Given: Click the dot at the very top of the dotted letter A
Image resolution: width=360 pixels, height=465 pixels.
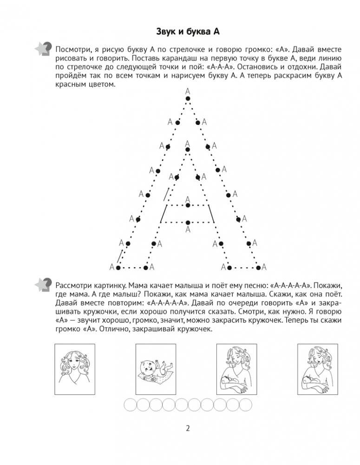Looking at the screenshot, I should click(188, 98).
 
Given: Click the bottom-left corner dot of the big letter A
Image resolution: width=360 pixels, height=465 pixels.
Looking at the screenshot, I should click(118, 268).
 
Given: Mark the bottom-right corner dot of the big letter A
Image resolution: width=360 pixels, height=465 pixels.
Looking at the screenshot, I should click(257, 268).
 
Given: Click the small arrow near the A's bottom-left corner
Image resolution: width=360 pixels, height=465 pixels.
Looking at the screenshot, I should click(120, 257).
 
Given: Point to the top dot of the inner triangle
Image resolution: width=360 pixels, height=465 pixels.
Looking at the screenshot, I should click(188, 150).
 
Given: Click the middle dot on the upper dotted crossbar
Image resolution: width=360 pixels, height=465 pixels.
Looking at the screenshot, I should click(188, 204).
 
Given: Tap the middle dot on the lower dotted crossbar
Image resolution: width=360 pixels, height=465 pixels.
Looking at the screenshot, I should click(188, 222).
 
